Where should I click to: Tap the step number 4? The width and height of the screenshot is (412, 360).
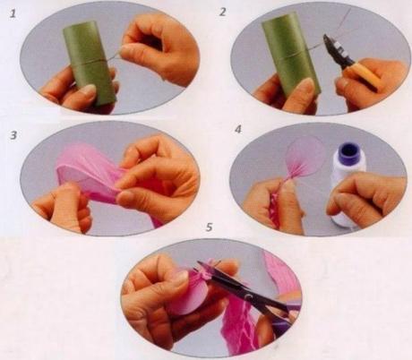238,130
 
